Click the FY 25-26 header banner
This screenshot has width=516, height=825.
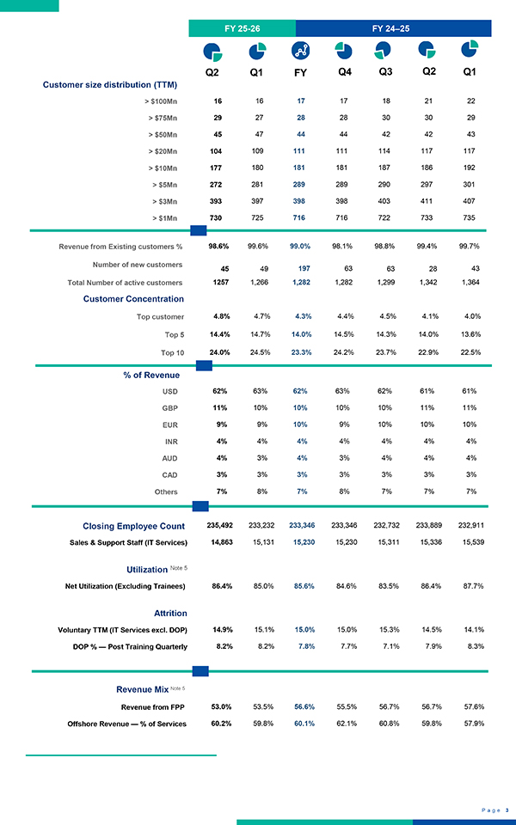[x=242, y=28]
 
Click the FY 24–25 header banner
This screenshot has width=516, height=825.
[x=391, y=28]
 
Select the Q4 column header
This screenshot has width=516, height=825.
[x=344, y=71]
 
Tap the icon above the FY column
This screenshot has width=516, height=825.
[x=300, y=49]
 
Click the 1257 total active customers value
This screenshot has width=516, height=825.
[x=220, y=282]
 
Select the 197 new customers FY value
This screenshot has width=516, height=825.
[x=300, y=268]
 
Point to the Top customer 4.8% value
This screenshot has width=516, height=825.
[x=220, y=315]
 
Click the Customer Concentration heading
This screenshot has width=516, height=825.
[x=133, y=298]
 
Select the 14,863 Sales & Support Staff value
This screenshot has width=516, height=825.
[x=220, y=542]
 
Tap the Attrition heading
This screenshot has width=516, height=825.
[x=170, y=613]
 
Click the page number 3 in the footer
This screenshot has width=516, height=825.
[x=507, y=809]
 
